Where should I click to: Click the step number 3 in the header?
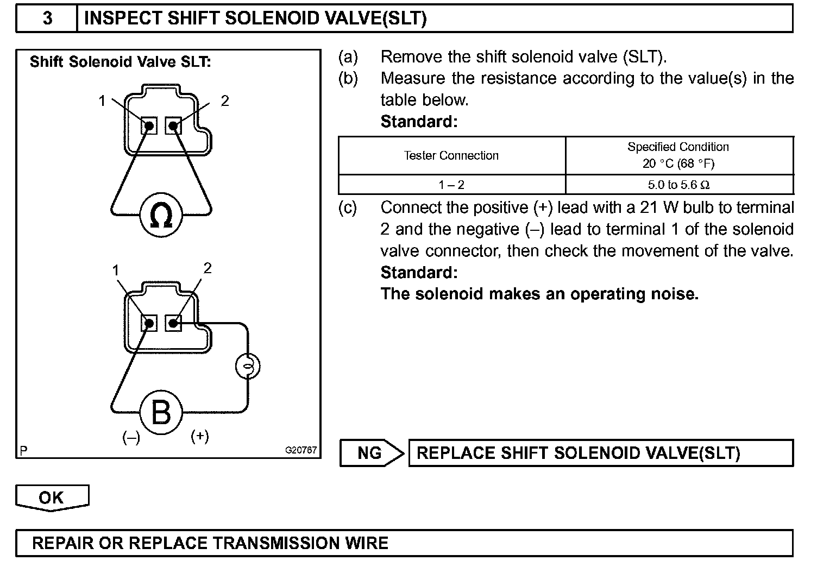47,18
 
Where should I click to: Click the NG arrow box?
372,453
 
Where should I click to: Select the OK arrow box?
52,497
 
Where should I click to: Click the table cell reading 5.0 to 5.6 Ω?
679,185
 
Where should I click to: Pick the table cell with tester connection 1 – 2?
451,185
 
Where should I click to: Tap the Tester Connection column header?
451,156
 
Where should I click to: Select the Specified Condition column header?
678,155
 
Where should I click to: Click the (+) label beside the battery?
200,436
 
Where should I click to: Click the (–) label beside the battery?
131,437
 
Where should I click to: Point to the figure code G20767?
301,450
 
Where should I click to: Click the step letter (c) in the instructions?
348,207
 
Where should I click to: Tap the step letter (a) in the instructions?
348,56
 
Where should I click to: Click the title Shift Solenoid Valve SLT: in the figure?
120,62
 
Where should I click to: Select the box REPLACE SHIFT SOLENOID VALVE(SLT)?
600,453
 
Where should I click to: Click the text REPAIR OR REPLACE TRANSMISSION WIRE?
210,543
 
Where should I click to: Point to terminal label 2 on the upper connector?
225,100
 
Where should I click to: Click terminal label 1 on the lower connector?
116,270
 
